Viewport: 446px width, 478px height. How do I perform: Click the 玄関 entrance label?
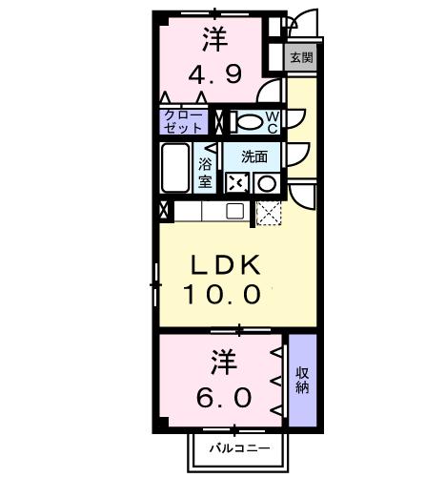tap(301, 57)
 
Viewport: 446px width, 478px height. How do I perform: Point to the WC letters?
tap(272, 121)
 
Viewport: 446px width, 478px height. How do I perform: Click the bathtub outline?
tap(175, 170)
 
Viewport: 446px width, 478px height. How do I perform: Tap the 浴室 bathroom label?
tap(205, 173)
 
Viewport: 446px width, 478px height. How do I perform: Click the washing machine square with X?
tap(235, 183)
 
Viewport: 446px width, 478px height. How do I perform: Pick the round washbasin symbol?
tap(268, 183)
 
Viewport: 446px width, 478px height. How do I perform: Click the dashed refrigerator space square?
tap(270, 213)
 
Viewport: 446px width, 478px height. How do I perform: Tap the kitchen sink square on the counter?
tap(235, 212)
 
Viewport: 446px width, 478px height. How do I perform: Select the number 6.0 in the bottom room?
tap(224, 395)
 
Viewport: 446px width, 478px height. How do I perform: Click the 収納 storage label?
tap(302, 380)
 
